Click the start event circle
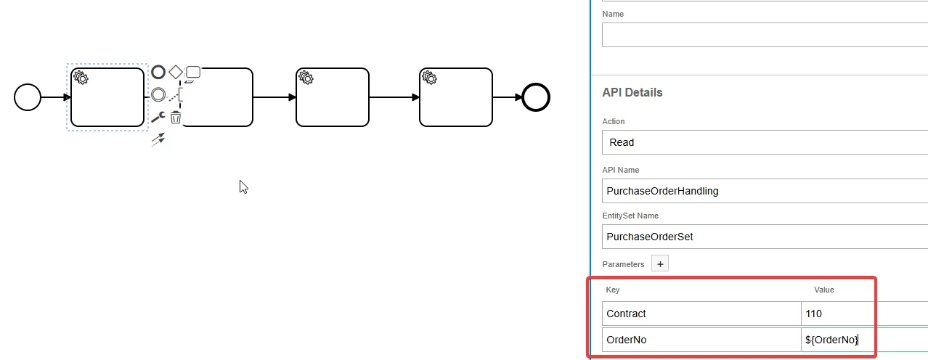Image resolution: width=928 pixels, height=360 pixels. (x=28, y=97)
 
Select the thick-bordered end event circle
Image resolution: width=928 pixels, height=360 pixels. (x=536, y=97)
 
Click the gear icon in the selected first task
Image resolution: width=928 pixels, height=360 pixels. (x=81, y=78)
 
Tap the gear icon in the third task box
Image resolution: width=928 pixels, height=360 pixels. (x=306, y=78)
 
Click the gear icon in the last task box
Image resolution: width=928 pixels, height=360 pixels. (x=429, y=78)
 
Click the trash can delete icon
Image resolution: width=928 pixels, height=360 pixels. (x=176, y=117)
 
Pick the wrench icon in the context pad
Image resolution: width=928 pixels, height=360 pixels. (x=158, y=117)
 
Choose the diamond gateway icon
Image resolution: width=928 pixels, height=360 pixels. (x=176, y=72)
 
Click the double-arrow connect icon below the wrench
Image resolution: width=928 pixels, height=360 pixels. (x=158, y=139)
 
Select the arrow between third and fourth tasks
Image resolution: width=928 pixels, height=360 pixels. (x=394, y=97)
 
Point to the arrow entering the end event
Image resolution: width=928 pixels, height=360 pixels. (x=507, y=97)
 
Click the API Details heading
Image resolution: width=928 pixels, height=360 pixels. (x=632, y=93)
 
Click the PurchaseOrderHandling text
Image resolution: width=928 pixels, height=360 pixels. (x=662, y=191)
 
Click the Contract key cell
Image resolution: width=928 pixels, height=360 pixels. (x=701, y=314)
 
